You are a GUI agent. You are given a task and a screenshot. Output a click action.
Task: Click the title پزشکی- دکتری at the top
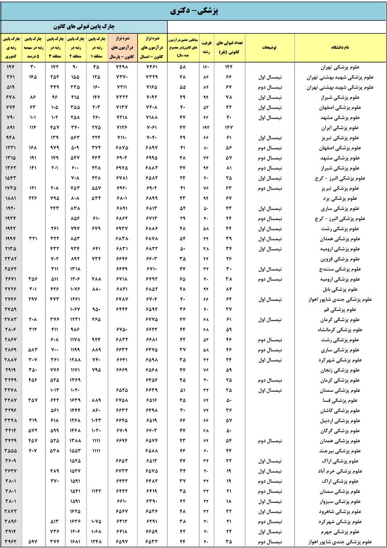(x=193, y=10)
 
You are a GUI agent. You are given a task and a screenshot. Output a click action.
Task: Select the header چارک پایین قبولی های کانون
(x=84, y=26)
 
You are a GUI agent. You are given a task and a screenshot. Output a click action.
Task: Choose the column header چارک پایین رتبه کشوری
(x=11, y=48)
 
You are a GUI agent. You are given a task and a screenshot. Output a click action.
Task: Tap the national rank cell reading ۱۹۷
(x=11, y=67)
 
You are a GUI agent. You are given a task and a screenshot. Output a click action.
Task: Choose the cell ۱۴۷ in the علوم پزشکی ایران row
(x=229, y=127)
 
